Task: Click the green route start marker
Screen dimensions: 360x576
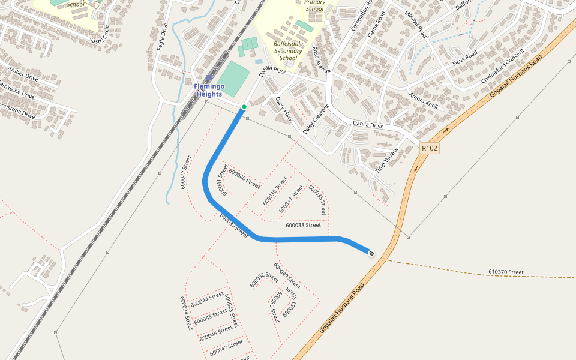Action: point(244,107)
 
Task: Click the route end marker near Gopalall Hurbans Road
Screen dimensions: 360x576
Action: point(371,253)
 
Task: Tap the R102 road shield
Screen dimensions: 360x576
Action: point(430,148)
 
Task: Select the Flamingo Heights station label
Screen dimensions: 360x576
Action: point(209,90)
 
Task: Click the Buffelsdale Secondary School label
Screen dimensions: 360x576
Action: point(289,50)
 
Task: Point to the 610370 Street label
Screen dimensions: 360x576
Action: point(506,272)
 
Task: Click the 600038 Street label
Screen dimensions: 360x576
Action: point(303,225)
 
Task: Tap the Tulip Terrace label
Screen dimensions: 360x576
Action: point(386,158)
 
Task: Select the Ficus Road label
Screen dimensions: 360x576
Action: point(464,59)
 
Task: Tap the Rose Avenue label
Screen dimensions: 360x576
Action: point(321,60)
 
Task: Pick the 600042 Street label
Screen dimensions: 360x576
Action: point(185,173)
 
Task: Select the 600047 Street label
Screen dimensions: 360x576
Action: point(227,347)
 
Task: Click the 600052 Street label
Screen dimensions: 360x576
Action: point(264,280)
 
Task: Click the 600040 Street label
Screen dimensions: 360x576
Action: point(244,179)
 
